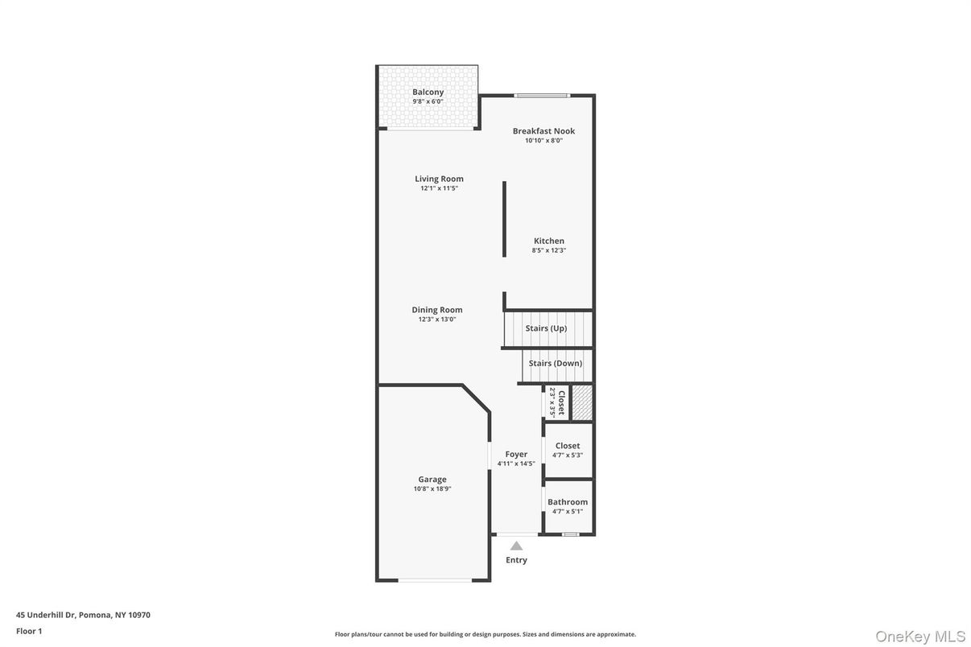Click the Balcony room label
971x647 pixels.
[x=428, y=92]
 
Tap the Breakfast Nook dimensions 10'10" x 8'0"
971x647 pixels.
[x=543, y=140]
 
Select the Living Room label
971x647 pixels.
[x=439, y=179]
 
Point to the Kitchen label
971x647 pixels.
[x=549, y=241]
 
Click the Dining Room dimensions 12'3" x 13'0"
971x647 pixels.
[x=437, y=319]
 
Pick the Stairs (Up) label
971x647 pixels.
[x=546, y=328]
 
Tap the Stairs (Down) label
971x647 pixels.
[x=556, y=363]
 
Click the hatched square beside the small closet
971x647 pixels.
[x=582, y=402]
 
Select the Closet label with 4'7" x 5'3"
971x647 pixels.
[x=568, y=446]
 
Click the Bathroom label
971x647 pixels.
[x=568, y=502]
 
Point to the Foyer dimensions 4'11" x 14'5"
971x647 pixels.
[x=516, y=464]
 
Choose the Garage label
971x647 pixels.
[x=432, y=480]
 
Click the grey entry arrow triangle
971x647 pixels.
[x=516, y=546]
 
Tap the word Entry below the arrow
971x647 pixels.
[x=516, y=560]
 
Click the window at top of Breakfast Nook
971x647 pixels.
[x=542, y=95]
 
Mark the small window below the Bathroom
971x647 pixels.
[x=570, y=534]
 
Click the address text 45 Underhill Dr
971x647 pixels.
[x=47, y=615]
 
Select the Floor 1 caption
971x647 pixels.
[x=29, y=631]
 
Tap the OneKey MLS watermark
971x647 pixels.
[x=919, y=637]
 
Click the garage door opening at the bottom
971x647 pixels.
[x=435, y=579]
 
